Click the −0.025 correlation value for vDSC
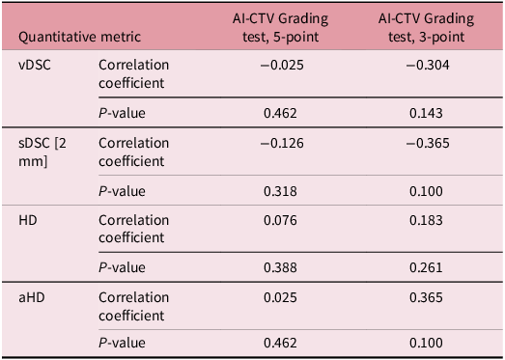[x=281, y=65]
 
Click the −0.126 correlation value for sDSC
[x=281, y=144]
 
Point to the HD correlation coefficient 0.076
[x=281, y=221]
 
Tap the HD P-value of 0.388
[x=281, y=267]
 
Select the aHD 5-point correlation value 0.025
[x=281, y=300]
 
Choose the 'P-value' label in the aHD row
[x=124, y=342]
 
